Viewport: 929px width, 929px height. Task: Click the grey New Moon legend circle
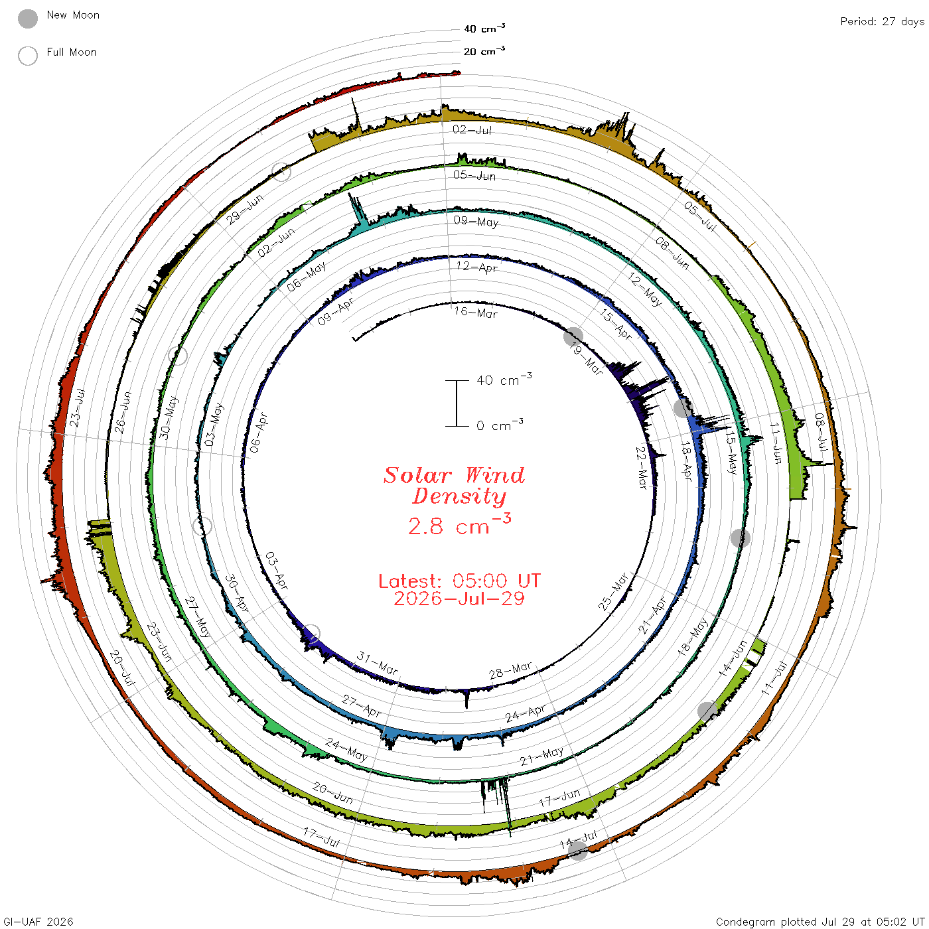(27, 19)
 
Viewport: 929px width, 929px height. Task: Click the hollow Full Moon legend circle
(27, 56)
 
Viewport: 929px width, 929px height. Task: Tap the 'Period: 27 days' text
(883, 22)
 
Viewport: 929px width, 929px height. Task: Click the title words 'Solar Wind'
(454, 475)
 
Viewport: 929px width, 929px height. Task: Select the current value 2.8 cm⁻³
(459, 525)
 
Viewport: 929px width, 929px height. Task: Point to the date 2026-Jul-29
(459, 599)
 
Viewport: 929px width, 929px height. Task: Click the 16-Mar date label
(475, 313)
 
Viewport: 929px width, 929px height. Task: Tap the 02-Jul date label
(472, 129)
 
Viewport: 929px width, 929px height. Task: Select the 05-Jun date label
(474, 175)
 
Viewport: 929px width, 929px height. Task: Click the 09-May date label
(476, 221)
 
